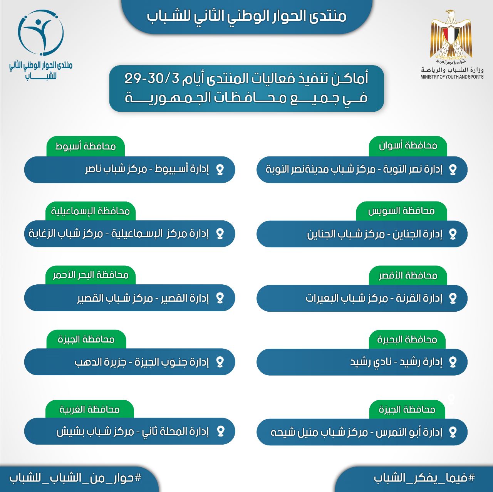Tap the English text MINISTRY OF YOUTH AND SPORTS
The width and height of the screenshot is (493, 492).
click(x=452, y=77)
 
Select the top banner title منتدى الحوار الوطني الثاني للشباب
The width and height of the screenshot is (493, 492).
click(x=246, y=16)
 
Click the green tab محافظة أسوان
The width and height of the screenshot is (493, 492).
click(x=408, y=146)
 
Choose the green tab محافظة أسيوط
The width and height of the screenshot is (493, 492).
click(x=86, y=146)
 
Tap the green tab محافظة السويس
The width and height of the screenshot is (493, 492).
click(x=401, y=211)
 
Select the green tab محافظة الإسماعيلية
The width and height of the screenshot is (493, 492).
click(x=91, y=211)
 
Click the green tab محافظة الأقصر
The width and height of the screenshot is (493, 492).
click(x=408, y=275)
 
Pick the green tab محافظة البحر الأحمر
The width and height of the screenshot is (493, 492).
click(x=91, y=275)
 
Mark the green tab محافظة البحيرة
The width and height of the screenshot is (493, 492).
click(x=407, y=339)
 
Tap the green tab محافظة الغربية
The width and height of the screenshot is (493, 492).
click(x=89, y=409)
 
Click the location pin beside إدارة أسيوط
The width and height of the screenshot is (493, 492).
click(x=220, y=170)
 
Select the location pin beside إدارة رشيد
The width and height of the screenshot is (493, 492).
click(x=453, y=362)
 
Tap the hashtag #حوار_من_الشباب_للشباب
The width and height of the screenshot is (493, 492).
click(x=75, y=478)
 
